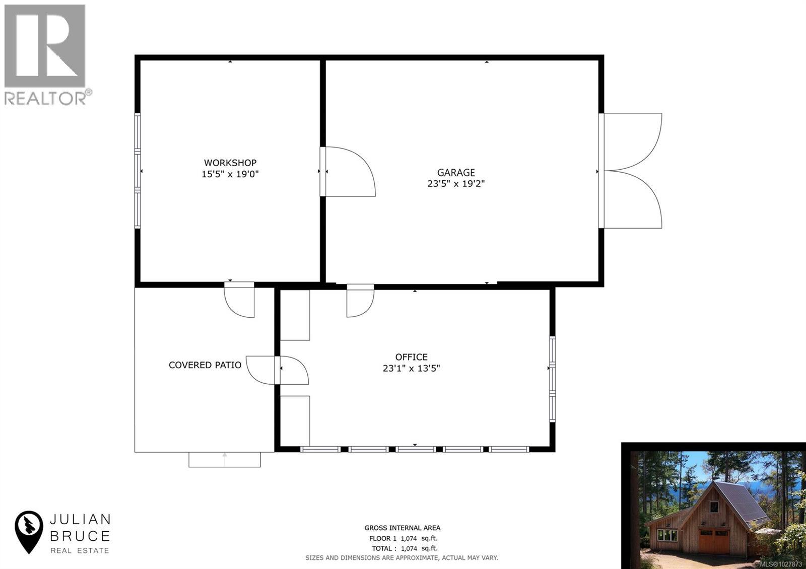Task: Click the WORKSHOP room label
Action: (230, 163)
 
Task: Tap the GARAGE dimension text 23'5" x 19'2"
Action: (456, 184)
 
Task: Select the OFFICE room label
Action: (411, 357)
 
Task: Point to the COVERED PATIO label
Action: (205, 365)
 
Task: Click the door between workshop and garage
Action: (348, 171)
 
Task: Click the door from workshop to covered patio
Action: (239, 300)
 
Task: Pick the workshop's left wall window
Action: (138, 171)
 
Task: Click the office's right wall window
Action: (552, 379)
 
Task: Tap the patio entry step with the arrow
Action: (225, 459)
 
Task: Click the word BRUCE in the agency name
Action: (80, 535)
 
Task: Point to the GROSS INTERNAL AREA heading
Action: (402, 528)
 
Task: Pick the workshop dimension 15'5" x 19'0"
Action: (230, 174)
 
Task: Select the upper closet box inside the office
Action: (295, 315)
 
